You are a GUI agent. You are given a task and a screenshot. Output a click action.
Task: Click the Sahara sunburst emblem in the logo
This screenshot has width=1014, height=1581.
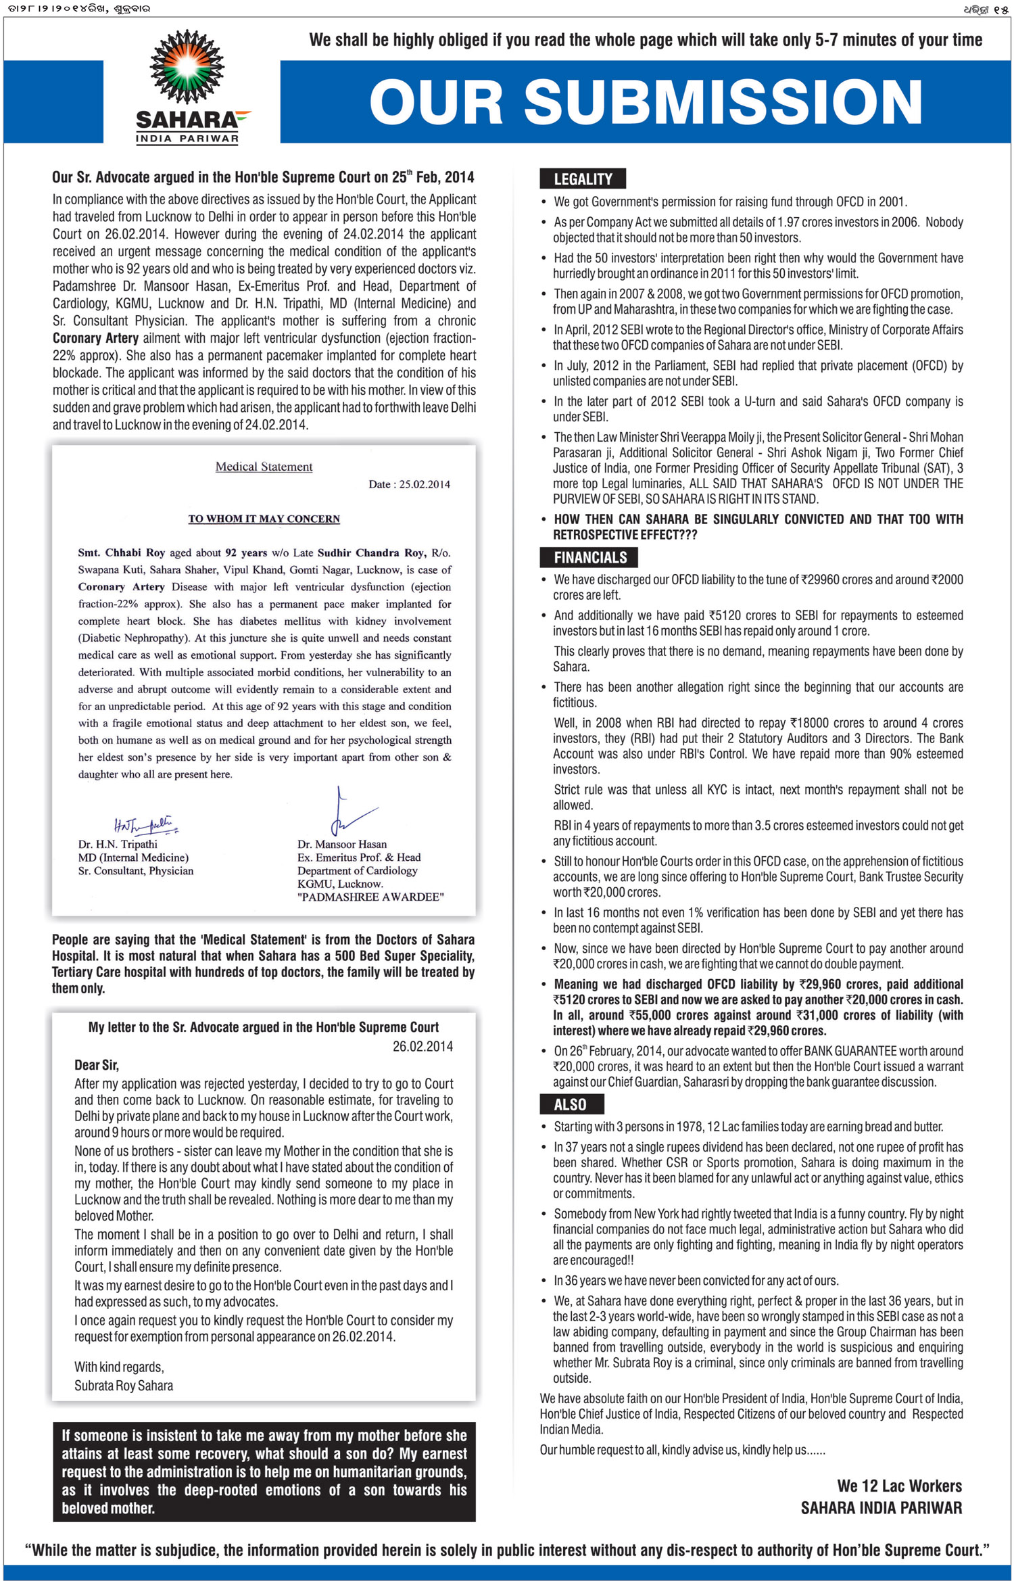click(187, 66)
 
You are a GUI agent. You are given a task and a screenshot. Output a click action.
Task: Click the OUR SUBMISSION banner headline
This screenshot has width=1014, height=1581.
click(646, 102)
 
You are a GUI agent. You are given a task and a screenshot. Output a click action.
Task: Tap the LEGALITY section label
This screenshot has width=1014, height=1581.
click(583, 179)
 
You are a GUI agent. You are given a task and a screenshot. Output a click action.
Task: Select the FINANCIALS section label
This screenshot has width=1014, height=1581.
click(589, 557)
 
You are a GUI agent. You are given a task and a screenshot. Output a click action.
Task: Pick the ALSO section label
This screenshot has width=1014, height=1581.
click(571, 1104)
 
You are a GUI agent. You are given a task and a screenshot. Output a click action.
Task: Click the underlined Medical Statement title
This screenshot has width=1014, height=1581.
click(264, 467)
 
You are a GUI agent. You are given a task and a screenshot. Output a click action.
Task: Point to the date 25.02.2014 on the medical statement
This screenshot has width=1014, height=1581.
click(409, 484)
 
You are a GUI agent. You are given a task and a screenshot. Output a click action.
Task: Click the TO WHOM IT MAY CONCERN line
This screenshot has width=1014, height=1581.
click(264, 519)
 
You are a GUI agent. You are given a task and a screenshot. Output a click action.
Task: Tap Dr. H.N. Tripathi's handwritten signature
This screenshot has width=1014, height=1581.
click(145, 825)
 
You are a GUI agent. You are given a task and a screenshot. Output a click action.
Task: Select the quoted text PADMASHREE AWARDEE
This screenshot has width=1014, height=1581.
click(370, 897)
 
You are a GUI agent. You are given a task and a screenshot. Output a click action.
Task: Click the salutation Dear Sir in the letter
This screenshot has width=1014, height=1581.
click(97, 1065)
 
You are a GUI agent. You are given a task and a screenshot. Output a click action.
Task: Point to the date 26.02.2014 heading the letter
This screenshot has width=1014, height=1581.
click(422, 1046)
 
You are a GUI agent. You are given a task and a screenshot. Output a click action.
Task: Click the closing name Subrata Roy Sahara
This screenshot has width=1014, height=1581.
click(124, 1386)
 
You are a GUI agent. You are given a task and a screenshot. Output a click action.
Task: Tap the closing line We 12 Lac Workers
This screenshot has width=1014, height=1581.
click(899, 1486)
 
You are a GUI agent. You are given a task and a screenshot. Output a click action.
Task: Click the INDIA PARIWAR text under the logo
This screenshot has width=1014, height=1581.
click(187, 139)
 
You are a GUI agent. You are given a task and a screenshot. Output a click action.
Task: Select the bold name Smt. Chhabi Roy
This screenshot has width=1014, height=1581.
click(122, 552)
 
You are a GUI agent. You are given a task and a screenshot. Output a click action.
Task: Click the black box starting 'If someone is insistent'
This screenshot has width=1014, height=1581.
click(264, 1471)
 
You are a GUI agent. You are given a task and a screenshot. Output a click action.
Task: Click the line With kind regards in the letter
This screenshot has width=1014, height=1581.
click(119, 1367)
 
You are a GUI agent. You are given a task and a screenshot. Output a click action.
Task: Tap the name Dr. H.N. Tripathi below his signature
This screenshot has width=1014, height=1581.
click(118, 844)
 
